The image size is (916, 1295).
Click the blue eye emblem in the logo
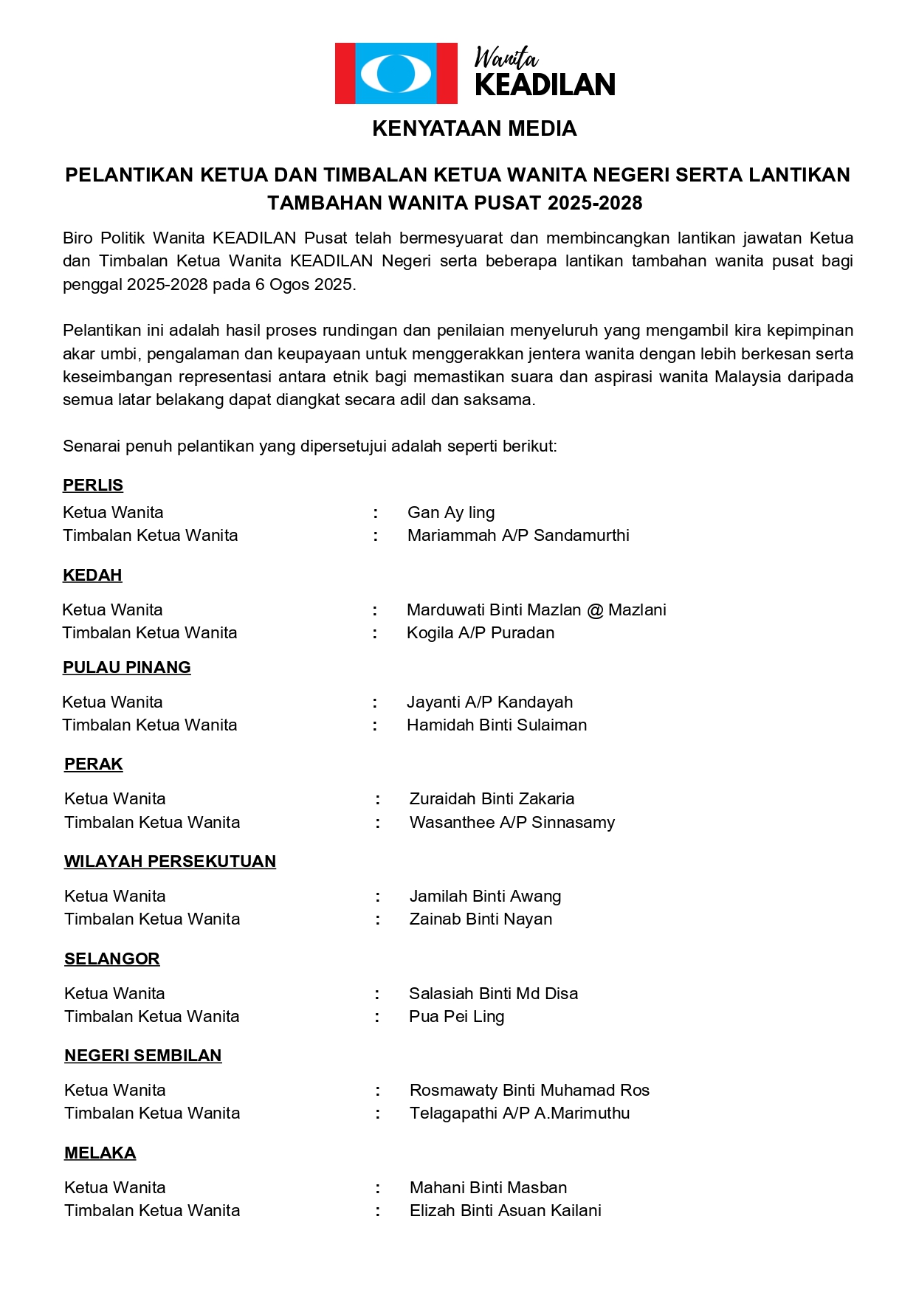click(396, 73)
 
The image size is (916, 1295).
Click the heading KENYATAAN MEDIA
click(474, 128)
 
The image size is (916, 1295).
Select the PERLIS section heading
click(93, 485)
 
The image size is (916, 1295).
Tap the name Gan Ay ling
click(451, 512)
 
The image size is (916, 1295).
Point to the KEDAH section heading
click(92, 575)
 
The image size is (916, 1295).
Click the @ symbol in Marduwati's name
click(595, 610)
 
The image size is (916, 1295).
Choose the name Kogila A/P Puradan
click(481, 632)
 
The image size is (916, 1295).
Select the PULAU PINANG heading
click(127, 667)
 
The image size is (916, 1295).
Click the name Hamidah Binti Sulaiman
click(497, 725)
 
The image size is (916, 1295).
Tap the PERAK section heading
click(94, 764)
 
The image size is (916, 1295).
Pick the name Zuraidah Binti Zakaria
click(492, 798)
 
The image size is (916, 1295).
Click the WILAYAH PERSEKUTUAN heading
click(170, 861)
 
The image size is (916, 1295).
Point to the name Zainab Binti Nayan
click(481, 919)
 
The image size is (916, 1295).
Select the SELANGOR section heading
click(112, 959)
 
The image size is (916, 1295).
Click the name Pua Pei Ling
click(457, 1016)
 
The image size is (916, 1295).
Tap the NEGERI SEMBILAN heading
click(143, 1055)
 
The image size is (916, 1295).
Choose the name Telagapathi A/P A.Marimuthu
click(520, 1113)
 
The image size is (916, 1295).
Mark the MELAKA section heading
click(100, 1153)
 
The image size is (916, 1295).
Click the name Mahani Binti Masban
click(489, 1187)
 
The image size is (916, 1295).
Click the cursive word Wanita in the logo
click(506, 58)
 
